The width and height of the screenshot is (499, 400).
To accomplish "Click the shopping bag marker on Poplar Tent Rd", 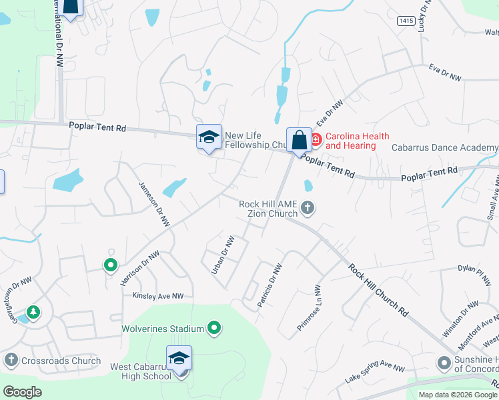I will point(299,140).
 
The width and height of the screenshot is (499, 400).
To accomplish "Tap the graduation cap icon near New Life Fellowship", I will point(209,137).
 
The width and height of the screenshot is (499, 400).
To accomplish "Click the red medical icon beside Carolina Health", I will point(315,140).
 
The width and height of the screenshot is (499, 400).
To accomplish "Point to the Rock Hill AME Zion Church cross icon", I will point(308,208).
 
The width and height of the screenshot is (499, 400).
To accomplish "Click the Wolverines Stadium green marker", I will point(214,328).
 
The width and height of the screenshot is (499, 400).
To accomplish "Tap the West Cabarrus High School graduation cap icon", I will point(178,359).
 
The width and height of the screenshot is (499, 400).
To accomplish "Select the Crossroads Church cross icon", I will point(11,361).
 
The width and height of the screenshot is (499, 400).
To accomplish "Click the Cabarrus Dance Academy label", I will point(445,147).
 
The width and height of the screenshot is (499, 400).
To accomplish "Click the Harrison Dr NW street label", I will point(140,269).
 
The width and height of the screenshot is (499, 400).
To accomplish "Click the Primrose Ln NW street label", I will point(309,309).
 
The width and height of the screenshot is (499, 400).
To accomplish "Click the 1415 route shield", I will point(406,21).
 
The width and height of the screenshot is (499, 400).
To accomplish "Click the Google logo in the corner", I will point(21,392).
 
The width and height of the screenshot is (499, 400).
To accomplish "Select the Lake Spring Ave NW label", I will point(375,373).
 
